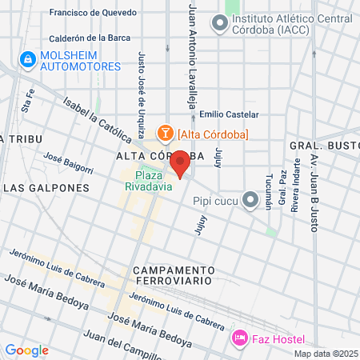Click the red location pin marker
click(181, 162)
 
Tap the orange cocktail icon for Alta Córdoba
click(165, 133)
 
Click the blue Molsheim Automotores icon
click(27, 59)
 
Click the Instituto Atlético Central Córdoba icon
click(219, 24)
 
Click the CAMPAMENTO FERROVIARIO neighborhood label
click(173, 275)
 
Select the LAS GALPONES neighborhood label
click(46, 188)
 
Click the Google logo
click(26, 350)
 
